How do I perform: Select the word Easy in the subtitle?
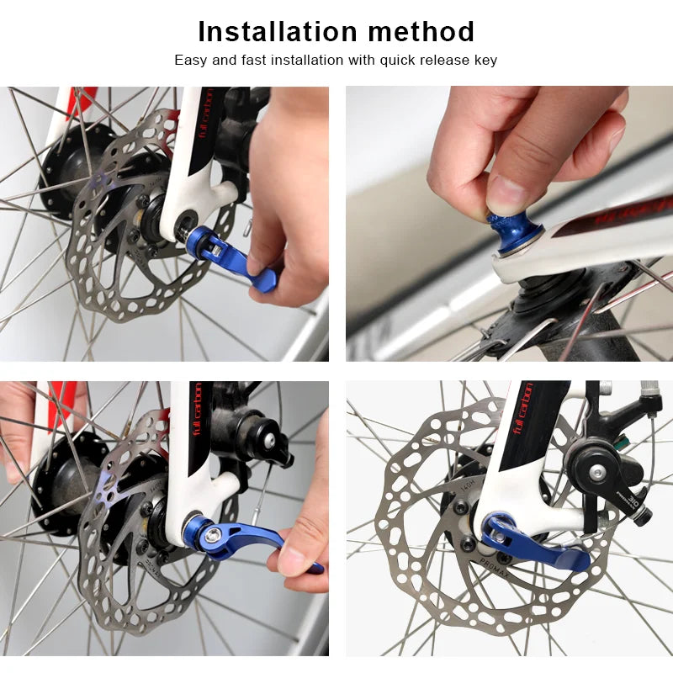[189, 61]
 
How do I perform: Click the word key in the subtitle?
[485, 61]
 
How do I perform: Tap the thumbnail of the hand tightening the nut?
[509, 223]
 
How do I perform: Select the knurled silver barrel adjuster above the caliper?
[649, 389]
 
